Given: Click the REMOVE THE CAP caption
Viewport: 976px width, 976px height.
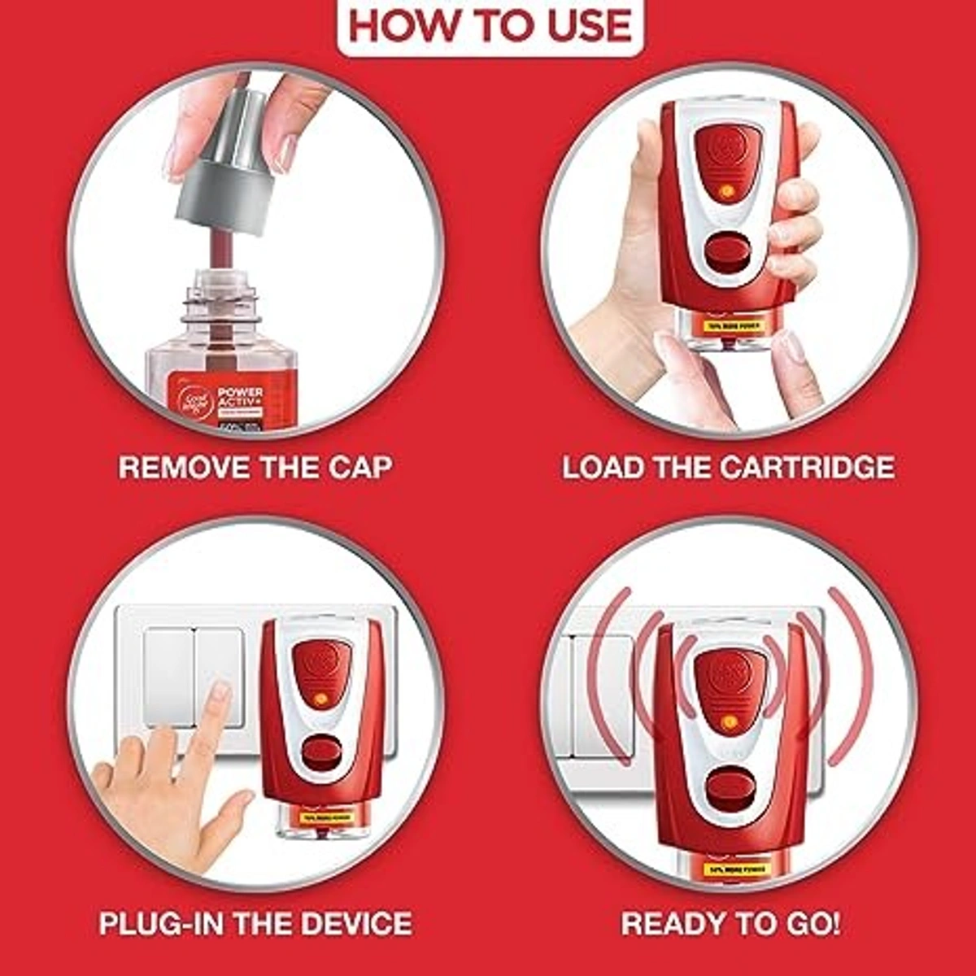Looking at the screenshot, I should point(255,468).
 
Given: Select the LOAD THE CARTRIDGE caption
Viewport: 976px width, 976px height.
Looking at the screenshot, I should point(728,468).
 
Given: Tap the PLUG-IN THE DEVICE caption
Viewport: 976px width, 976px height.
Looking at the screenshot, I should point(255,923).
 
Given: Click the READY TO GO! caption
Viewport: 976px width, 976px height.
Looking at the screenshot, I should point(730,923).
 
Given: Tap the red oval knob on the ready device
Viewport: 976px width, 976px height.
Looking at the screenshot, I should point(728,788).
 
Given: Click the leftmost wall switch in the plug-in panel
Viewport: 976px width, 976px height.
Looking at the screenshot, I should point(169,677).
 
